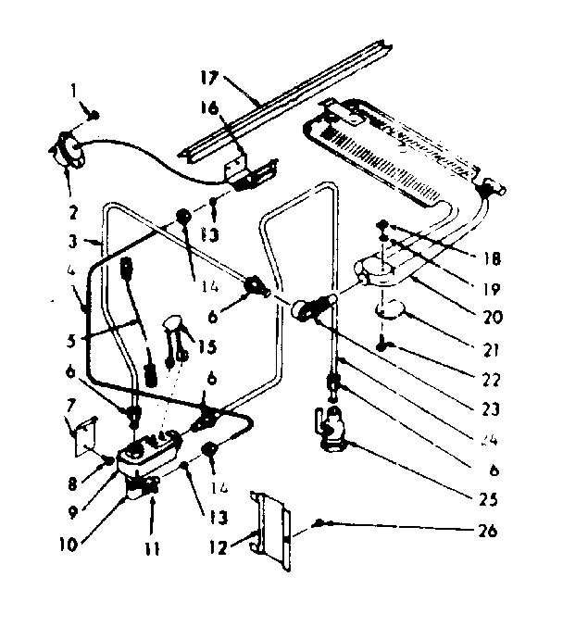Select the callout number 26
pyautogui.click(x=489, y=531)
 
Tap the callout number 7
pyautogui.click(x=69, y=408)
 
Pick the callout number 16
pyautogui.click(x=211, y=109)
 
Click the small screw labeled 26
pyautogui.click(x=320, y=523)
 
